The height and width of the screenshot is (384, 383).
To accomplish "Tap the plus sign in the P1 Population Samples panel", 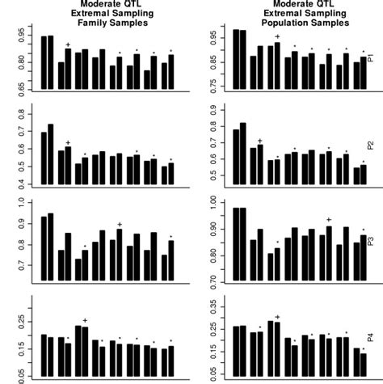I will tap(277, 36).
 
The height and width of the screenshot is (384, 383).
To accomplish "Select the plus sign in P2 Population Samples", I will tap(259, 141).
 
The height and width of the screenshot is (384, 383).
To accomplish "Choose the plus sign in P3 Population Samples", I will tap(328, 219).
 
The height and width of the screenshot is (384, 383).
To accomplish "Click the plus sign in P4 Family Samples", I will tap(85, 320).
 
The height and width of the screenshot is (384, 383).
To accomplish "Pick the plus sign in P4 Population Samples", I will tap(277, 317).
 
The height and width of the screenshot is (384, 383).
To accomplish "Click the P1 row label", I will tap(370, 61).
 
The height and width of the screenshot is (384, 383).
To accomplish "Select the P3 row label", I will tap(370, 242).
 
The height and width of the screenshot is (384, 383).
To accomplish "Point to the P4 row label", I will tap(370, 338).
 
